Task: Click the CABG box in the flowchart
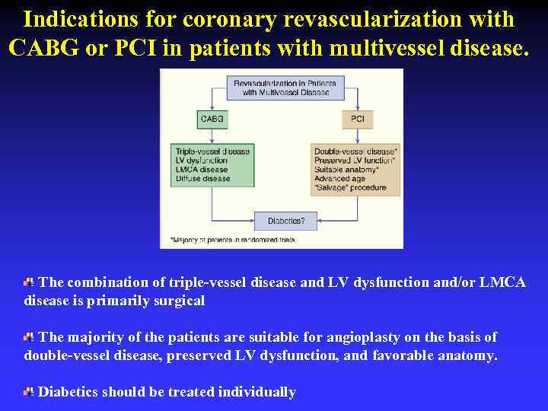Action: pos(212,119)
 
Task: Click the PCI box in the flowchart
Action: pos(357,119)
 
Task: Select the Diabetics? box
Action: pos(286,221)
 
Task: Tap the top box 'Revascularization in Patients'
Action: pos(282,87)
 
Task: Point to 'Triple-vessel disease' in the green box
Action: pos(212,151)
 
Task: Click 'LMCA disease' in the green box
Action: pos(201,170)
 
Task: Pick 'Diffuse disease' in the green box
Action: pos(202,179)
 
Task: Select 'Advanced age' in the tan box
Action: pos(339,179)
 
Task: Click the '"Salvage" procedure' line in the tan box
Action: pos(350,188)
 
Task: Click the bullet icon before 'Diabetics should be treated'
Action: pos(29,391)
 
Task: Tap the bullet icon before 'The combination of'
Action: pos(29,282)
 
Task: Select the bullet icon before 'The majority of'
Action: pos(29,336)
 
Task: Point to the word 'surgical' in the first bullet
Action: pos(180,301)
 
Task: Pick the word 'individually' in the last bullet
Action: pos(256,392)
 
